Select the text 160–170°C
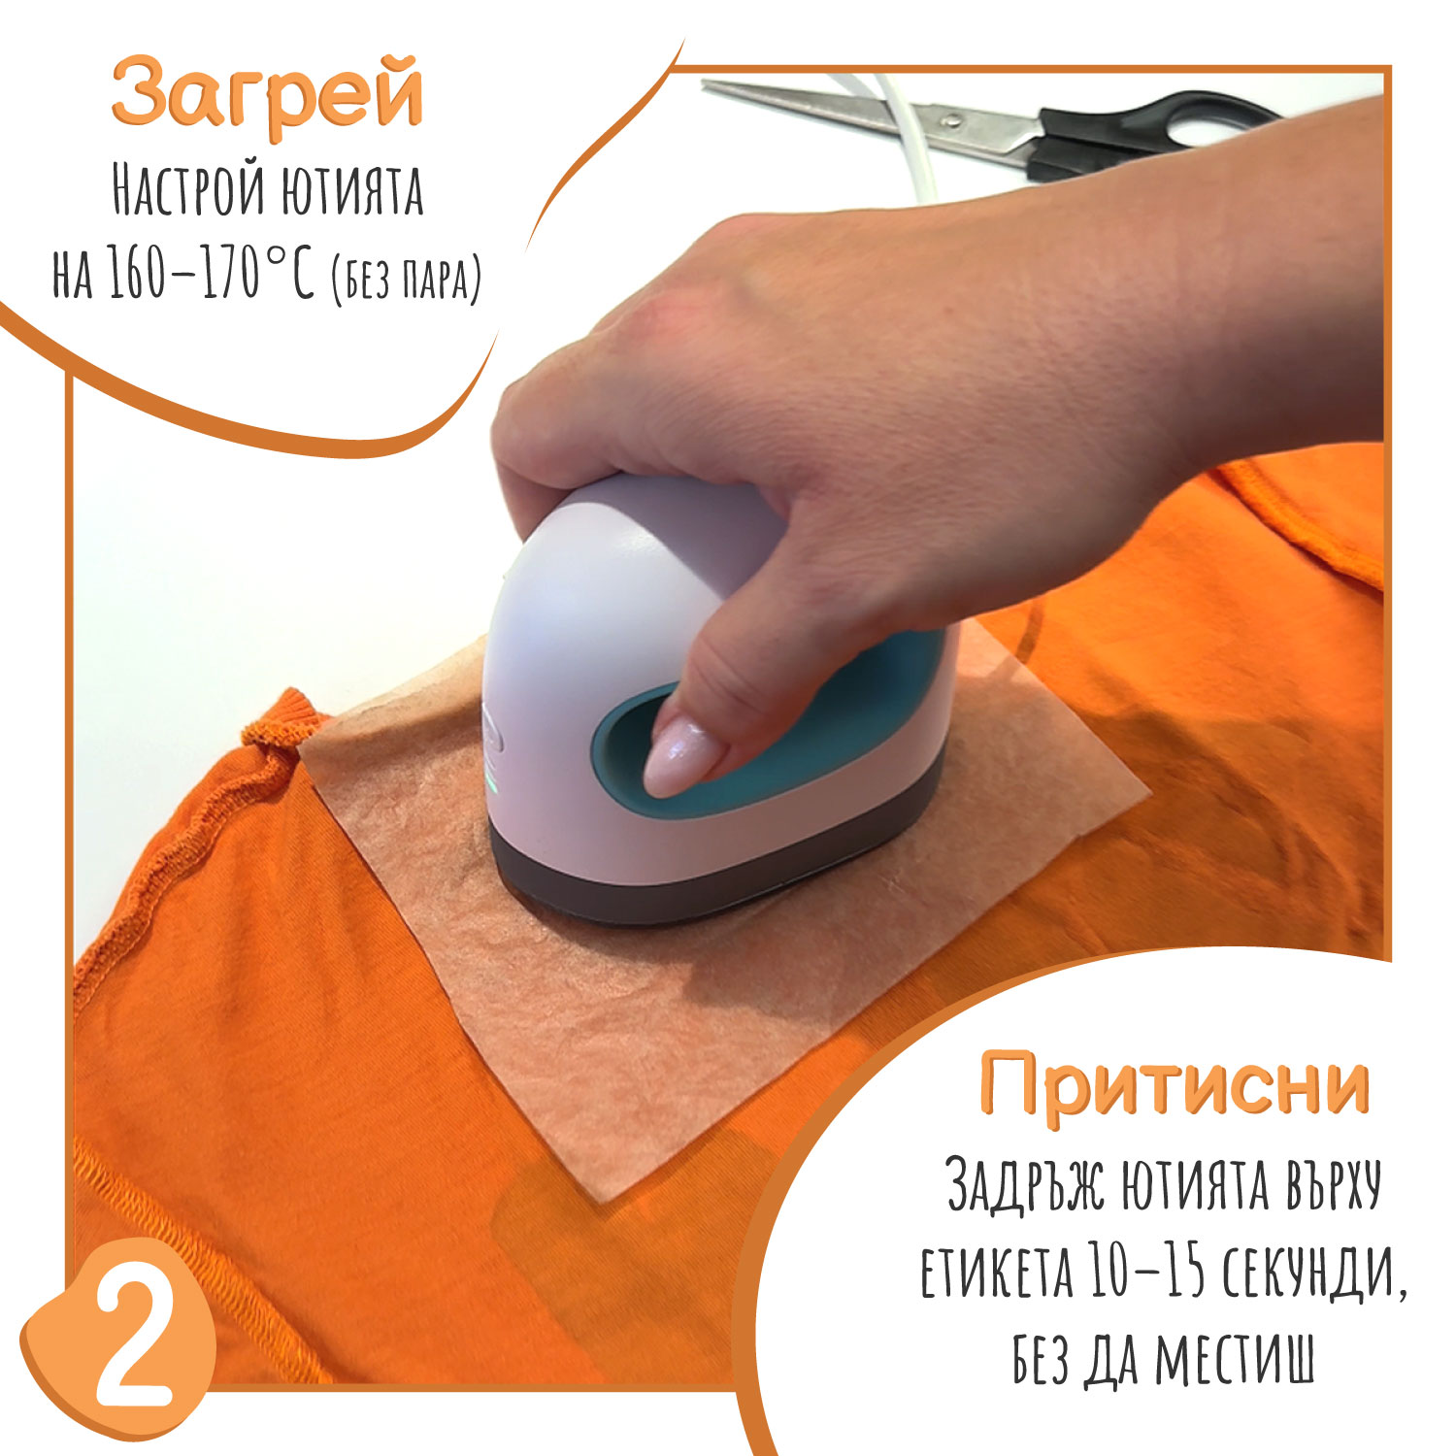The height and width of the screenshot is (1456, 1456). [x=212, y=276]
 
